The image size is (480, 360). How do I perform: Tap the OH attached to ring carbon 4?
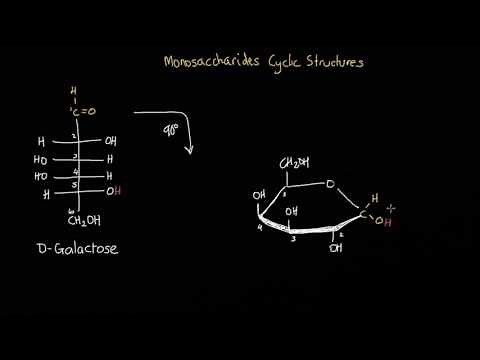point(260,194)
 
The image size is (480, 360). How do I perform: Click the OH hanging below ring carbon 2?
point(335,248)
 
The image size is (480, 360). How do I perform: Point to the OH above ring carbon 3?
point(291,212)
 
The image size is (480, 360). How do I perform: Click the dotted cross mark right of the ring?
point(392,207)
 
